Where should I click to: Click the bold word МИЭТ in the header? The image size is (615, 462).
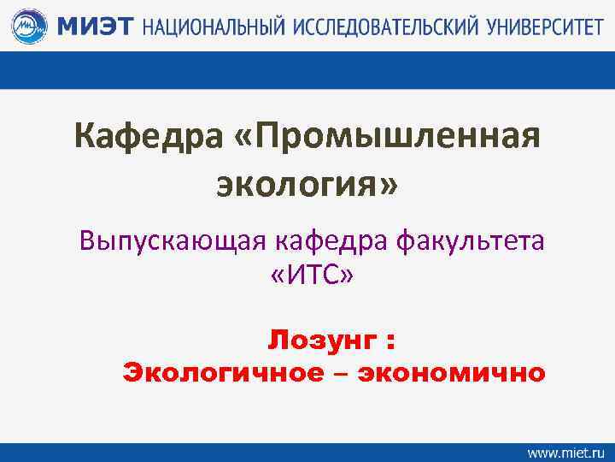(x=95, y=27)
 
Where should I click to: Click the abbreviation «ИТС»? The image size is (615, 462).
(x=307, y=279)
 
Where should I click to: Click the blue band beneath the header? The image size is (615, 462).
(x=307, y=70)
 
